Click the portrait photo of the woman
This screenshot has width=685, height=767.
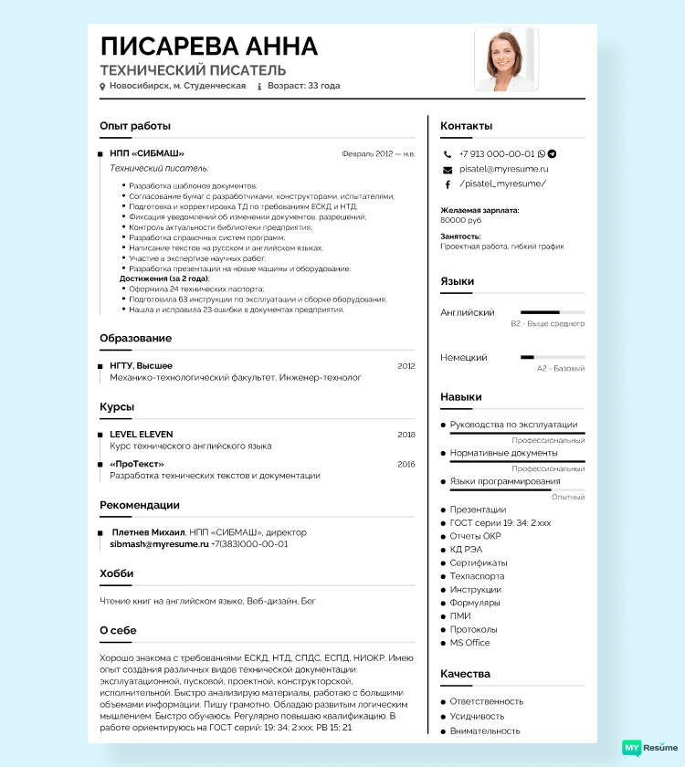506,59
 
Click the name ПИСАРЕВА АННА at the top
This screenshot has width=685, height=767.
209,47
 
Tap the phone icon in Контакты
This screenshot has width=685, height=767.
448,154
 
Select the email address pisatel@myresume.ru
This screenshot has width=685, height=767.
503,169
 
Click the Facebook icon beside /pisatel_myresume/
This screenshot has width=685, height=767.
448,184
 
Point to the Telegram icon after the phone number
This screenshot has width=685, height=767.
552,154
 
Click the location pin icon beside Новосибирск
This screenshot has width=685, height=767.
103,86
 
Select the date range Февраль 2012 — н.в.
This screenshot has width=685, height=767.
378,153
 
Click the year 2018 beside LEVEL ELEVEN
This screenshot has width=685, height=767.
406,435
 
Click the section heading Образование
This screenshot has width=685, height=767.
135,338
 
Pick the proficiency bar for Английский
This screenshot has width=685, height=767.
553,312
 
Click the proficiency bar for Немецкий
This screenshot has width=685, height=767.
553,357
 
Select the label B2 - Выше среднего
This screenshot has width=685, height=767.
548,323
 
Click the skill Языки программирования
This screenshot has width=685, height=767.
505,481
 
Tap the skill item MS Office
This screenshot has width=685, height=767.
469,643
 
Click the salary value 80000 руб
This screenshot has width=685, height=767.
460,220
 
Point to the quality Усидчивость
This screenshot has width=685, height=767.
477,716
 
